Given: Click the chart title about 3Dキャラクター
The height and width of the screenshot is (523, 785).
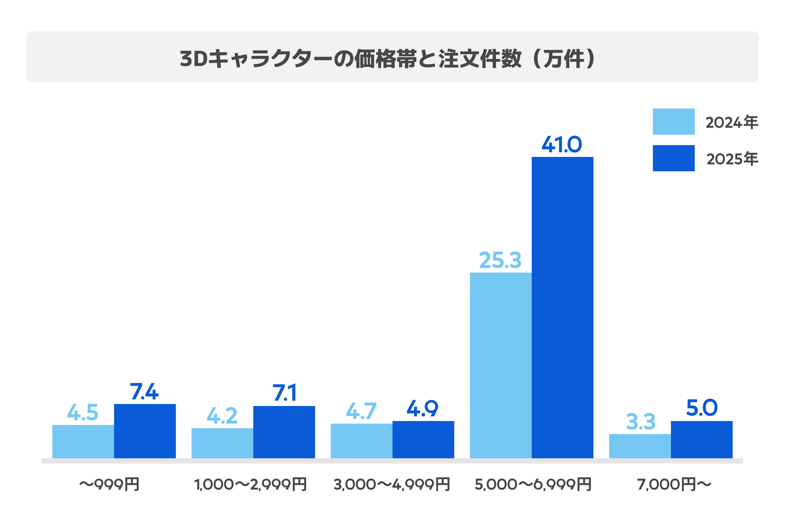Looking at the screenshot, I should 387,59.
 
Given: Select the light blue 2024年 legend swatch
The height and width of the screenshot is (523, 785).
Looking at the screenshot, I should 673,121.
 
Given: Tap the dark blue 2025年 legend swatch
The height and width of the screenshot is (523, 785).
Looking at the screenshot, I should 673,158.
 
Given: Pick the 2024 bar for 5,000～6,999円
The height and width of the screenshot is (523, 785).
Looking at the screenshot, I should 501,365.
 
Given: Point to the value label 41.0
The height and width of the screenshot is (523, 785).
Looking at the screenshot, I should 562,144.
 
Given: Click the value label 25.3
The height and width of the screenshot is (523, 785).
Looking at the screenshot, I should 500,260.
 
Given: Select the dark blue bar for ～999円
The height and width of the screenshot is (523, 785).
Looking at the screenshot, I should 145,431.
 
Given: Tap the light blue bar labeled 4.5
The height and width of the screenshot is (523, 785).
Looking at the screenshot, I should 83,441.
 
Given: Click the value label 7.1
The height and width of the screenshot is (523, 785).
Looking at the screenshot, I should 284,393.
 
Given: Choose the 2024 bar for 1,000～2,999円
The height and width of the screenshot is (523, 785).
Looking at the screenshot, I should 222,443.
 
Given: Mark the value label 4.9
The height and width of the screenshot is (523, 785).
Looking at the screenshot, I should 423,408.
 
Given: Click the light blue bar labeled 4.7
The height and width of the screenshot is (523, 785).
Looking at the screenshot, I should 361,441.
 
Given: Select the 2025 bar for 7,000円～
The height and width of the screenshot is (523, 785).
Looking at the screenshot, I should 702,439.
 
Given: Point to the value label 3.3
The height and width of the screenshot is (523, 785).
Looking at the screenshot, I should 640,422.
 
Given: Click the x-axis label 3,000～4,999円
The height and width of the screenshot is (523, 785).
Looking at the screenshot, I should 392,485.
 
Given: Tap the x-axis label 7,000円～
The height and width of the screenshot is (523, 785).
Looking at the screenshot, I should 674,485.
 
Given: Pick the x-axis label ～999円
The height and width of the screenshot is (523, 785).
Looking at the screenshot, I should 110,485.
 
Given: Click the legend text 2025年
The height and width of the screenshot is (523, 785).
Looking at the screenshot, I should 732,159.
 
